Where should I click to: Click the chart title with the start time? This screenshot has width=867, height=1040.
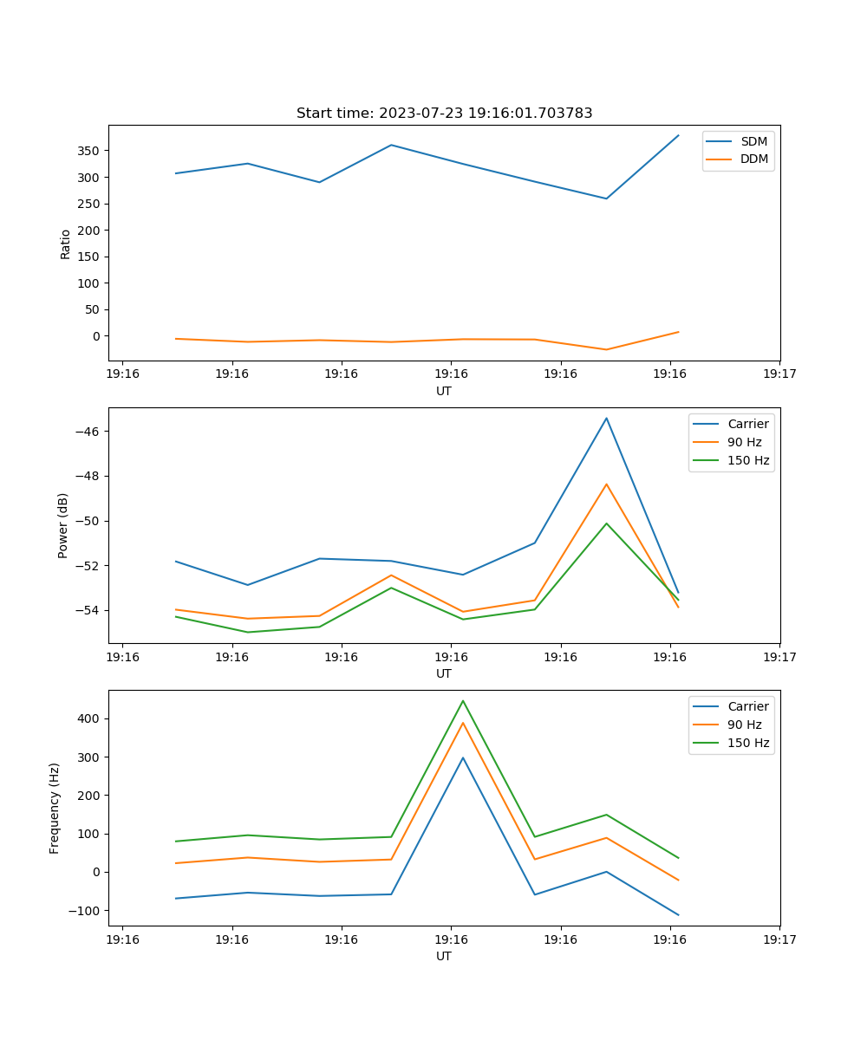444,114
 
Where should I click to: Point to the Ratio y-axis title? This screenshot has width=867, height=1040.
65,244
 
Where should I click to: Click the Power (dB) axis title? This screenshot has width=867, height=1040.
63,526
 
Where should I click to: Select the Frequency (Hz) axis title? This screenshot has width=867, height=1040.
55,808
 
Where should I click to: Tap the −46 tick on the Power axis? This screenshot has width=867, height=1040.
86,432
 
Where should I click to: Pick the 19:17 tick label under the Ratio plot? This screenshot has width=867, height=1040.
779,374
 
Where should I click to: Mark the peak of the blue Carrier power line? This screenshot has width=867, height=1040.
606,418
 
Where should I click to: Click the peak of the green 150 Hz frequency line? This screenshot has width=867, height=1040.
462,700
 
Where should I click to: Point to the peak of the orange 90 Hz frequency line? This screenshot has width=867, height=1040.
462,723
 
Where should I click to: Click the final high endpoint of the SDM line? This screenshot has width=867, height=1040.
678,135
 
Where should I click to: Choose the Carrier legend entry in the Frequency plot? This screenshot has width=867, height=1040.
747,706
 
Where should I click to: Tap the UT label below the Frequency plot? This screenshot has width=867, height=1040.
444,956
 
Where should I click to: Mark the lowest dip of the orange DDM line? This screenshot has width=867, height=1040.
606,350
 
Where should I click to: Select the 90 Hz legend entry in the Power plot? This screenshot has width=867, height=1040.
745,442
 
